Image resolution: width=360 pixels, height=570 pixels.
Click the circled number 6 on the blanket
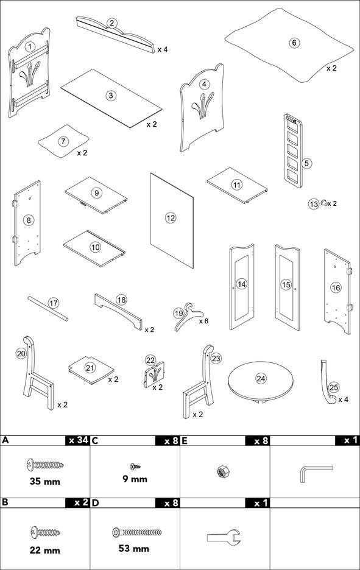294,43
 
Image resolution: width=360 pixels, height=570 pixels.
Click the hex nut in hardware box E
221,472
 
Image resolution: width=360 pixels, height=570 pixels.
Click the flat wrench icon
224,537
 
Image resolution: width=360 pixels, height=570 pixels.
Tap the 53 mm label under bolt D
134,548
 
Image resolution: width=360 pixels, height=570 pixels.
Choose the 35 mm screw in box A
45,464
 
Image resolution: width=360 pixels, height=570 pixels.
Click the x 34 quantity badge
77,440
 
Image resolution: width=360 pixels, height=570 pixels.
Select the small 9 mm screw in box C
135,466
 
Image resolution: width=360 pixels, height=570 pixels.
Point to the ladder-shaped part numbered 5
293,150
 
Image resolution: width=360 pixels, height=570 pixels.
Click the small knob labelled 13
323,203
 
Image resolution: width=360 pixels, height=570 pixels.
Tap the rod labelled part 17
48,309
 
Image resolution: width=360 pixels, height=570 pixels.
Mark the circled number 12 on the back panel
171,218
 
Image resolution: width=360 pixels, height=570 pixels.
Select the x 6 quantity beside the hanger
203,321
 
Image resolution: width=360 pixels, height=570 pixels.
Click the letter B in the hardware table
5,503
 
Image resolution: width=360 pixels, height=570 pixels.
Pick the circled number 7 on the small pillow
63,141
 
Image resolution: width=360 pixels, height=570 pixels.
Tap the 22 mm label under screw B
44,550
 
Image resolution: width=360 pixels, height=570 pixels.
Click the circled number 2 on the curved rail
111,23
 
